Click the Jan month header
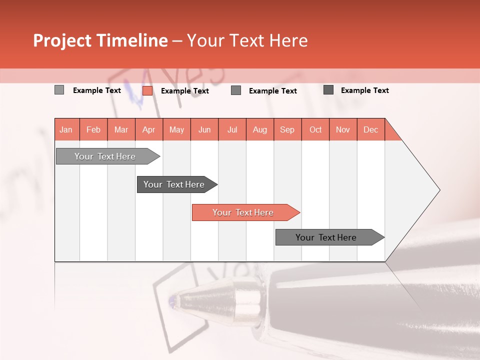tap(66, 129)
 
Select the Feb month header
tap(93, 129)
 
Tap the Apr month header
tap(148, 129)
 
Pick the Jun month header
tap(204, 129)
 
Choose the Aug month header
tap(259, 129)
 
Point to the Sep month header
tap(287, 129)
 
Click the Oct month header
tap(315, 129)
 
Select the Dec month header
tap(370, 129)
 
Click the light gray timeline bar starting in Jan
tap(105, 156)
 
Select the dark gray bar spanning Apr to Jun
tap(174, 184)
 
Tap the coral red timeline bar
tap(243, 212)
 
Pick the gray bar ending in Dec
tap(326, 237)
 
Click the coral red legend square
tap(147, 90)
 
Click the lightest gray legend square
tap(59, 90)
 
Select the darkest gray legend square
tap(328, 90)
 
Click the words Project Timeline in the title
tap(100, 40)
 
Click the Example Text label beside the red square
tap(185, 91)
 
